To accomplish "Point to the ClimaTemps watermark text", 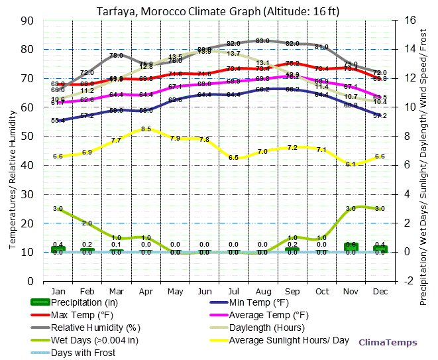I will [388, 343].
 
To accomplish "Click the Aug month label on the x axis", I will [262, 291].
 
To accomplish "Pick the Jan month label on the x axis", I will [58, 291].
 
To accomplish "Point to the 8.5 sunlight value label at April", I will [146, 129].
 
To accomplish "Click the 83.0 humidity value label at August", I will [262, 41].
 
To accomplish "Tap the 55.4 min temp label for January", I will [58, 121].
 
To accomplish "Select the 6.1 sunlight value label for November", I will [351, 164].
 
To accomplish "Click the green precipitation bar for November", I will [351, 247].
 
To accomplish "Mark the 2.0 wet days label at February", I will [87, 223].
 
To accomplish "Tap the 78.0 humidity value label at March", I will [116, 56].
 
